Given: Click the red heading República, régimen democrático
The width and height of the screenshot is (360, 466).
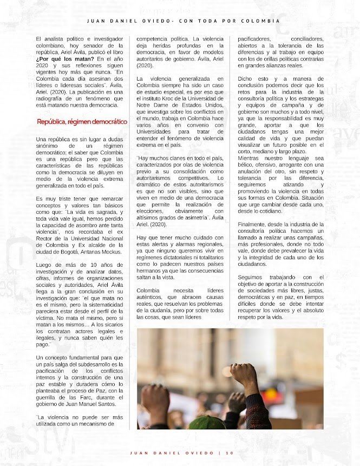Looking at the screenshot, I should click(x=82, y=122).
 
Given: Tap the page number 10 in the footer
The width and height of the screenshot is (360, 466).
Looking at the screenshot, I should click(x=229, y=453).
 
